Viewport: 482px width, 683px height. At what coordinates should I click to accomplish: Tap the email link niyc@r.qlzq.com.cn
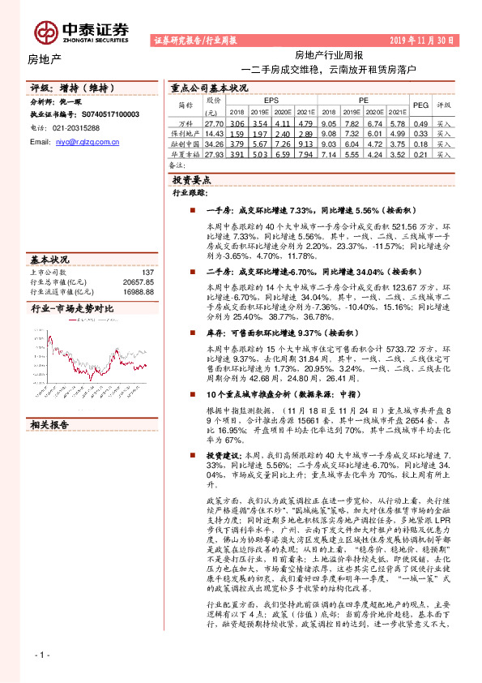coord(87,142)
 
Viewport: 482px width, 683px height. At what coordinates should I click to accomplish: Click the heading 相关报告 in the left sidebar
coord(50,424)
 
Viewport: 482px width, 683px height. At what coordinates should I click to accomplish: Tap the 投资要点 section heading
coord(192,179)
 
